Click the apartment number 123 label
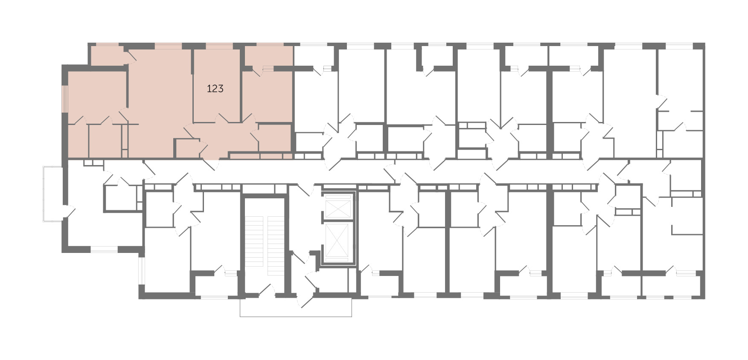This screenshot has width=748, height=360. pyautogui.click(x=215, y=89)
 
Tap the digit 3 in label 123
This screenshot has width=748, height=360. pyautogui.click(x=220, y=89)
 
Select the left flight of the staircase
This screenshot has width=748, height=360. pyautogui.click(x=256, y=246)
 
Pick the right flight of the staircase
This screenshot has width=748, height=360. pyautogui.click(x=276, y=246)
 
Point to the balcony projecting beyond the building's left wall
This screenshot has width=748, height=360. pyautogui.click(x=52, y=194)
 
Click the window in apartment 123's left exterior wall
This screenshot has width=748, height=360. pyautogui.click(x=65, y=99)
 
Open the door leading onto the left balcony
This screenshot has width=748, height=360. pyautogui.click(x=68, y=212)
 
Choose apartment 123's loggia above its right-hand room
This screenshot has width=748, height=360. pyautogui.click(x=268, y=55)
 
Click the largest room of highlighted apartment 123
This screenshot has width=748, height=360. pyautogui.click(x=160, y=102)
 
